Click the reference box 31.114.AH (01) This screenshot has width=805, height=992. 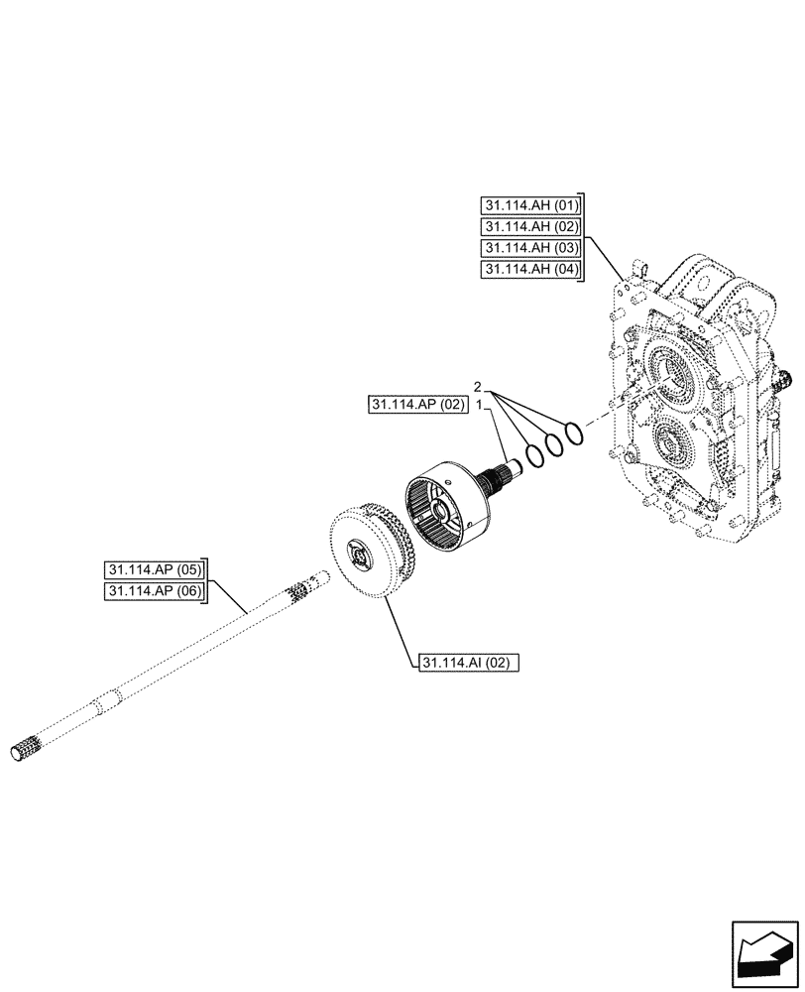click(530, 206)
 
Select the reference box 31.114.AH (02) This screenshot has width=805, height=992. click(530, 227)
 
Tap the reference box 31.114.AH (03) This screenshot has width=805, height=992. click(530, 248)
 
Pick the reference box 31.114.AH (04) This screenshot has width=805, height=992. click(530, 269)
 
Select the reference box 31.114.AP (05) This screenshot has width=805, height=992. click(154, 570)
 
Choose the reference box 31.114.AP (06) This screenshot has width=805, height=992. click(154, 592)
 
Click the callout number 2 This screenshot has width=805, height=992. click(477, 386)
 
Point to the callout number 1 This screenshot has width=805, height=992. click(477, 406)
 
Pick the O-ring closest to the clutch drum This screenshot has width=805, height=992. click(532, 455)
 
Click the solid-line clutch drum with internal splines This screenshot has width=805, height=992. click(446, 507)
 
